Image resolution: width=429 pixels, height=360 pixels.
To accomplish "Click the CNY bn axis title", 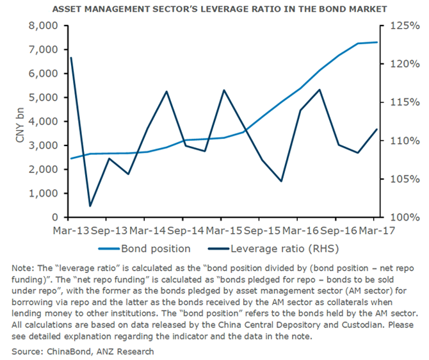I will [20, 122].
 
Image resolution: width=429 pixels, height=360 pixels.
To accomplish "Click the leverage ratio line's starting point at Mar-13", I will [70, 58].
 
